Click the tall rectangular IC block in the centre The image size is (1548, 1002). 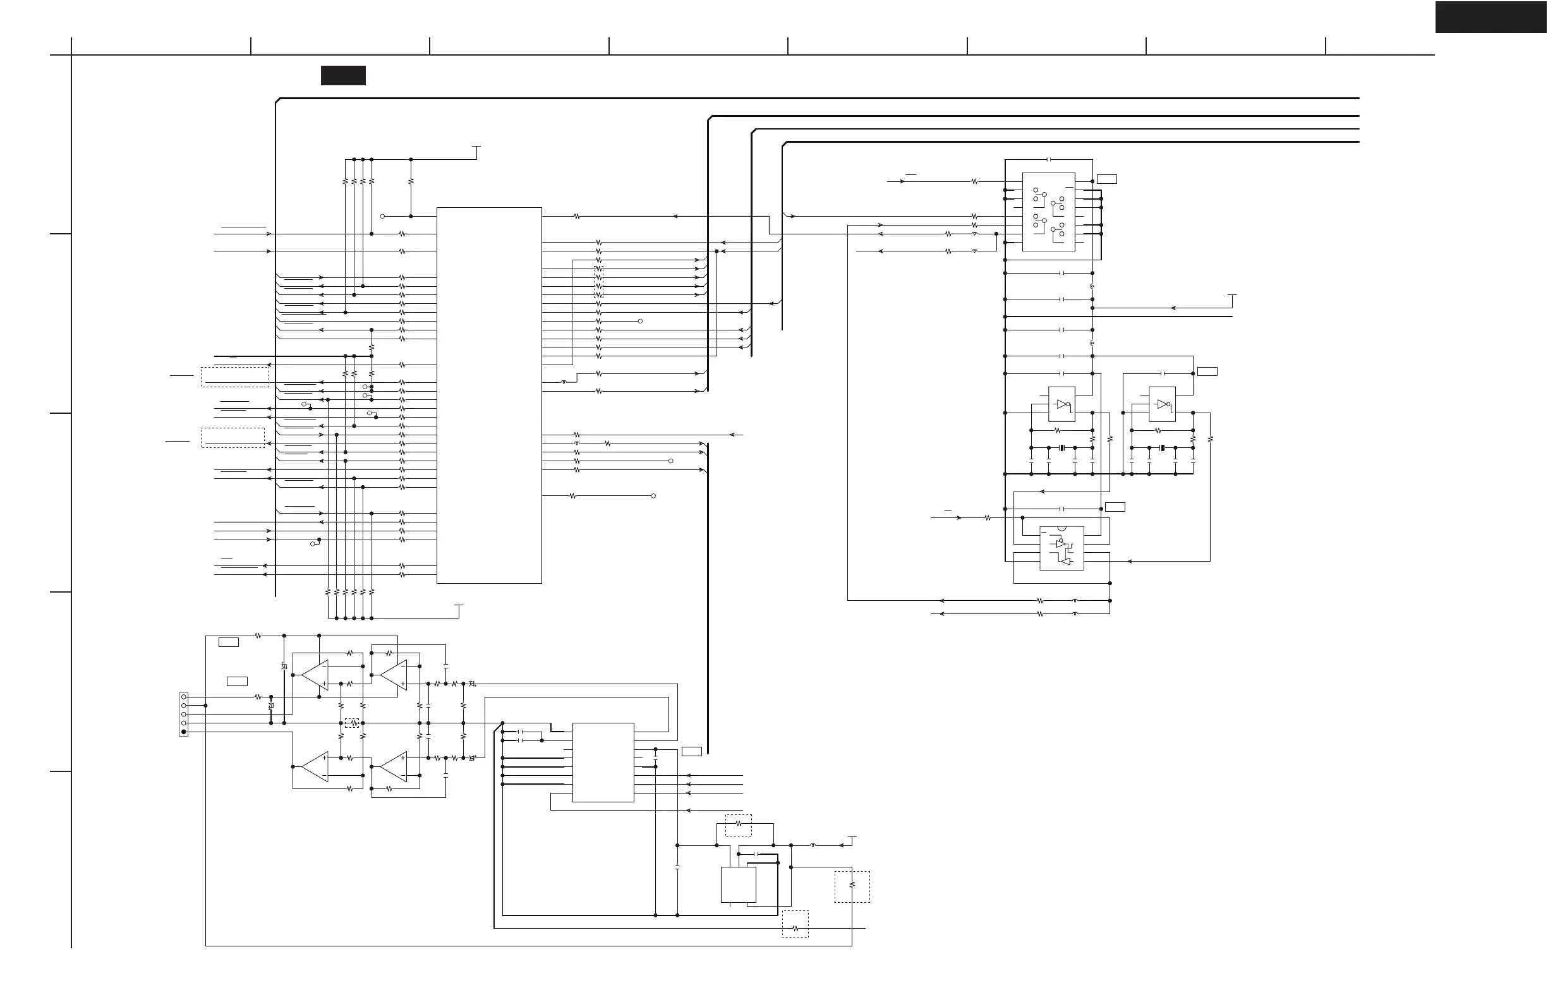(x=488, y=395)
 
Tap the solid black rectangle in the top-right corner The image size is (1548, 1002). (x=1491, y=17)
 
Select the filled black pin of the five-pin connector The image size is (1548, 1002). (x=184, y=732)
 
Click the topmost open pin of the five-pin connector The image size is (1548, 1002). (x=184, y=696)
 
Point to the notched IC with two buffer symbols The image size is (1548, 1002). (x=1061, y=548)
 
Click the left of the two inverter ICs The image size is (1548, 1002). (x=1061, y=404)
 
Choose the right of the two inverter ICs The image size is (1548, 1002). (x=1162, y=404)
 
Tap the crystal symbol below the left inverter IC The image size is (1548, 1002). (x=1061, y=447)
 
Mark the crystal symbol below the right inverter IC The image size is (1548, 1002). (x=1163, y=447)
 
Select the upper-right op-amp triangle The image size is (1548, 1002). (x=394, y=675)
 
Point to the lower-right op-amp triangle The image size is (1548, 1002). (x=394, y=766)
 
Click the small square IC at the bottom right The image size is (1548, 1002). (x=738, y=884)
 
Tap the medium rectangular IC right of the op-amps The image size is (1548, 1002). (x=603, y=762)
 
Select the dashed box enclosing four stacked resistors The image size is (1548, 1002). (x=598, y=282)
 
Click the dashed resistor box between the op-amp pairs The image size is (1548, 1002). (x=352, y=722)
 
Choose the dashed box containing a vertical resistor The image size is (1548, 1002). (x=852, y=886)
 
